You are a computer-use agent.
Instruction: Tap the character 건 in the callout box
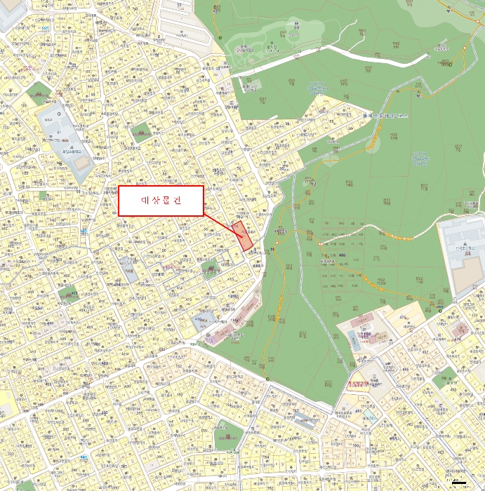coord(177,201)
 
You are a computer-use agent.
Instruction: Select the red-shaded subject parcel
coord(244,237)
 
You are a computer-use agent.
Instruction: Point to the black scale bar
coord(460,483)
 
